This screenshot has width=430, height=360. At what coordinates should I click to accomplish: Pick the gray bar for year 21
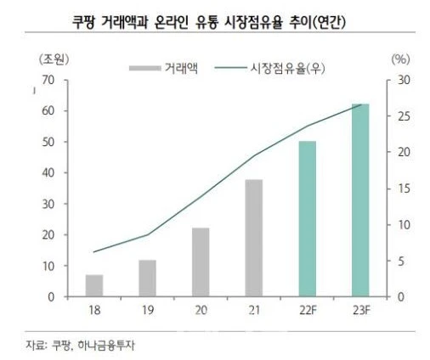(253, 239)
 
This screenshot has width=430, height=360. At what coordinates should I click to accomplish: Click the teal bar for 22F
(307, 219)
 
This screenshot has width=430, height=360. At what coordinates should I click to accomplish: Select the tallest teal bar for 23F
(360, 200)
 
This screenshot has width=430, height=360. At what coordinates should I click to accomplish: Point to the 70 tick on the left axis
(48, 80)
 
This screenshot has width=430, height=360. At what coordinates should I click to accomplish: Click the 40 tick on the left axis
(48, 173)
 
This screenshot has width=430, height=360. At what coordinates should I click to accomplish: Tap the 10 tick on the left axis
(48, 266)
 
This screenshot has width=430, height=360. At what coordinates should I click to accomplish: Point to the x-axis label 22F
(307, 312)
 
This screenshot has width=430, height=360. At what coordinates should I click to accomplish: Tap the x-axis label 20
(201, 312)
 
